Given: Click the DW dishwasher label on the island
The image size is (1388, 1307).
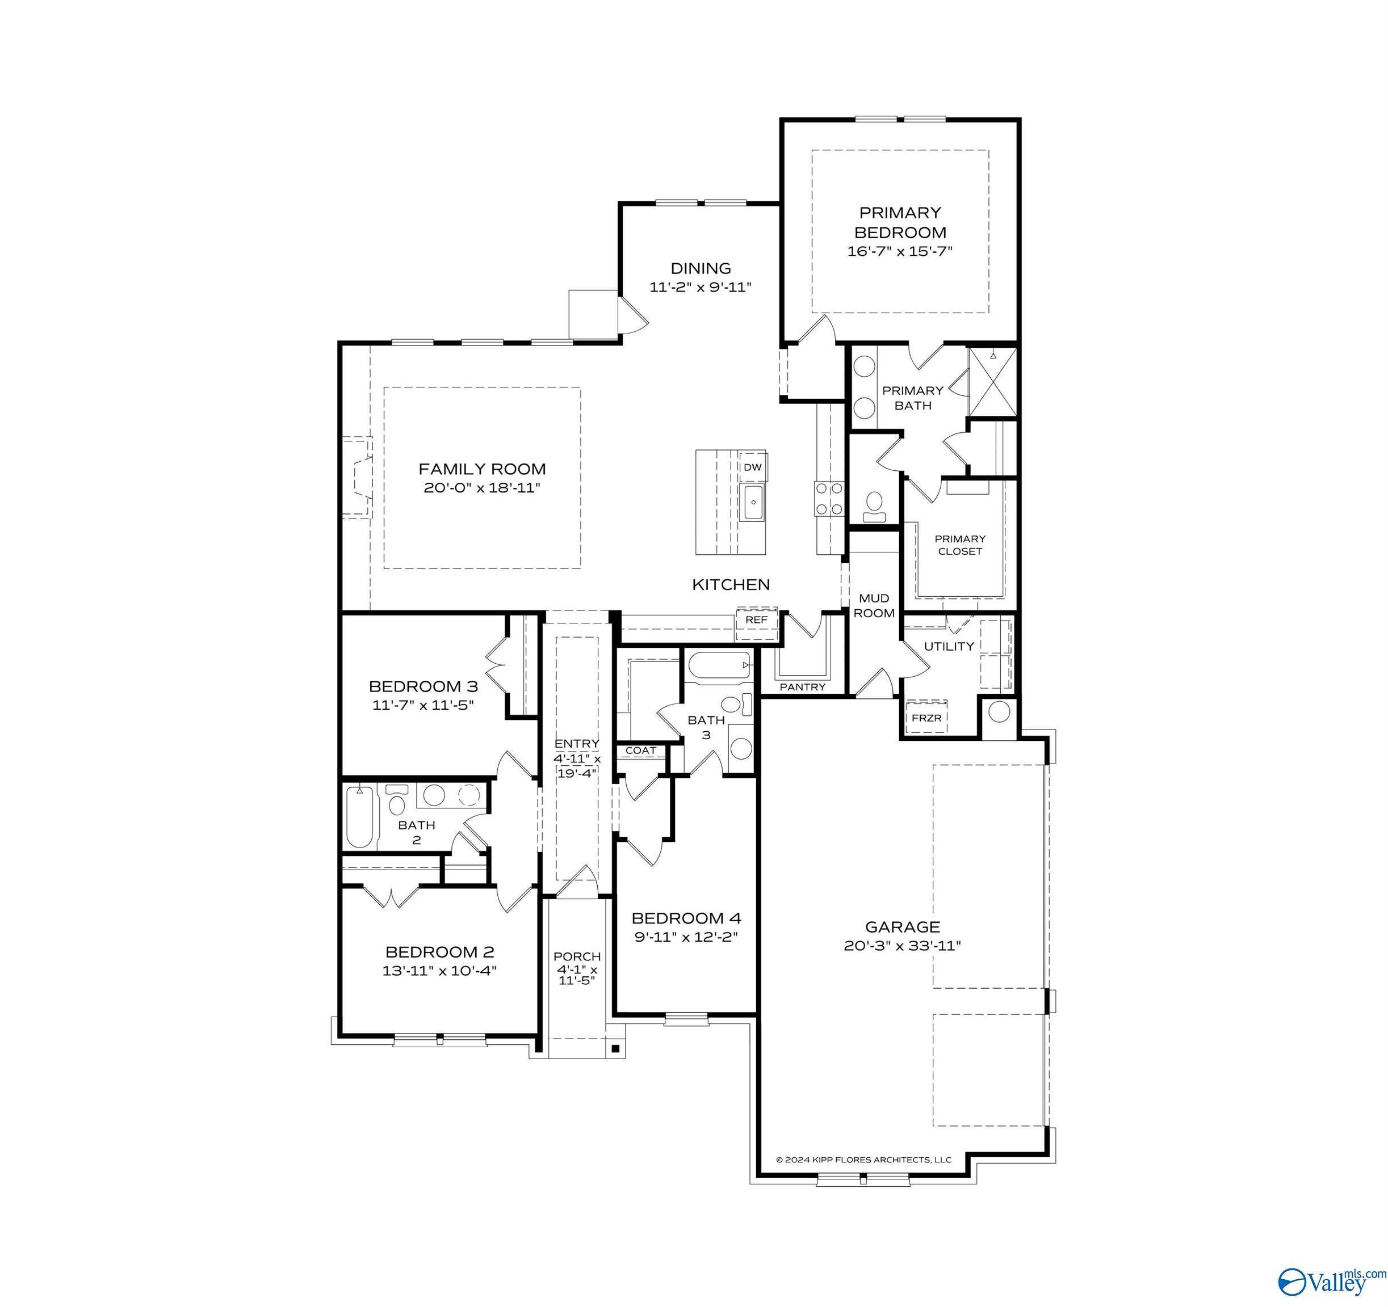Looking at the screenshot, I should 752,467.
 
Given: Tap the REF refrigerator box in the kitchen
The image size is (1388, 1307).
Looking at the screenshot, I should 756,619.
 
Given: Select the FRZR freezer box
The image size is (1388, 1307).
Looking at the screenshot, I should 926,718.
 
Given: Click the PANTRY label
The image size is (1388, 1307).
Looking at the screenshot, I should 802,686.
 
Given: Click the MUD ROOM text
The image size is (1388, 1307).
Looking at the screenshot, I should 874,606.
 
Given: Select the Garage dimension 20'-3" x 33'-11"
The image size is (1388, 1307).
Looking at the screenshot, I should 902,946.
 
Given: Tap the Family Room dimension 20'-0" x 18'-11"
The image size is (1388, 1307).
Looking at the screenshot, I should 482,488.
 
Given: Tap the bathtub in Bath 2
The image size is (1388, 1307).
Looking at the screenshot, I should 359,816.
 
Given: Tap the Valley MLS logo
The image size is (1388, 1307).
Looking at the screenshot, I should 1331,1280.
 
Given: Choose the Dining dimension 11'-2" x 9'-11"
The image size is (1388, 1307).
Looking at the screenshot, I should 701,287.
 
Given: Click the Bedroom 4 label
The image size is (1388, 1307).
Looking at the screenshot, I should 686,918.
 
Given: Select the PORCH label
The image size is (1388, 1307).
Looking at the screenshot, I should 577,956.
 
